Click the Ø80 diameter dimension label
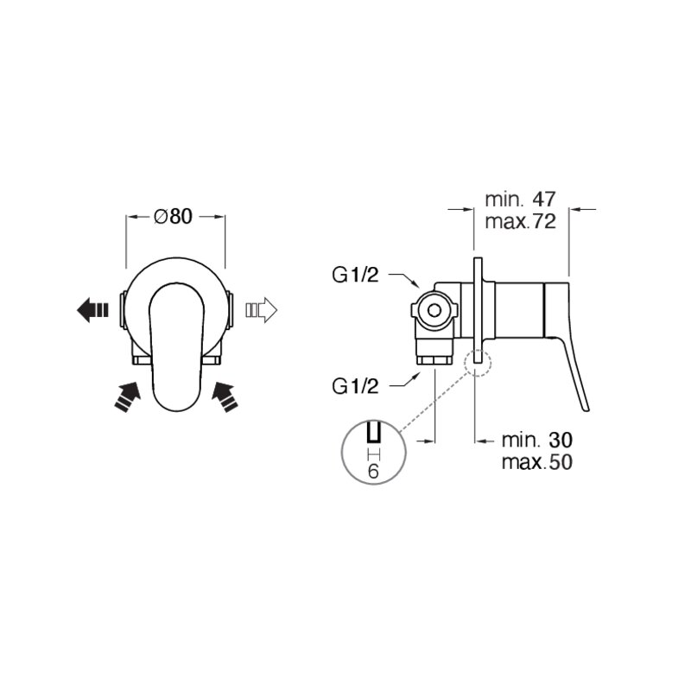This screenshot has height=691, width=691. [x=174, y=217]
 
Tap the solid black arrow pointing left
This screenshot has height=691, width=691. [x=92, y=310]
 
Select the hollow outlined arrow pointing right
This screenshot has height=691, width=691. [x=262, y=310]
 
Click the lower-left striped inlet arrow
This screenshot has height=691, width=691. [x=127, y=396]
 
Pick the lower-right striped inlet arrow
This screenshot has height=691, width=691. [x=225, y=396]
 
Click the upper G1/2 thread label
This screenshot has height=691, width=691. [x=355, y=276]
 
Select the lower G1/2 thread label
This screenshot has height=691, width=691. [x=355, y=386]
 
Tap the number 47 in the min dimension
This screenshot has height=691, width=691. [x=544, y=200]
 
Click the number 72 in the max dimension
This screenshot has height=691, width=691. [x=544, y=221]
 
